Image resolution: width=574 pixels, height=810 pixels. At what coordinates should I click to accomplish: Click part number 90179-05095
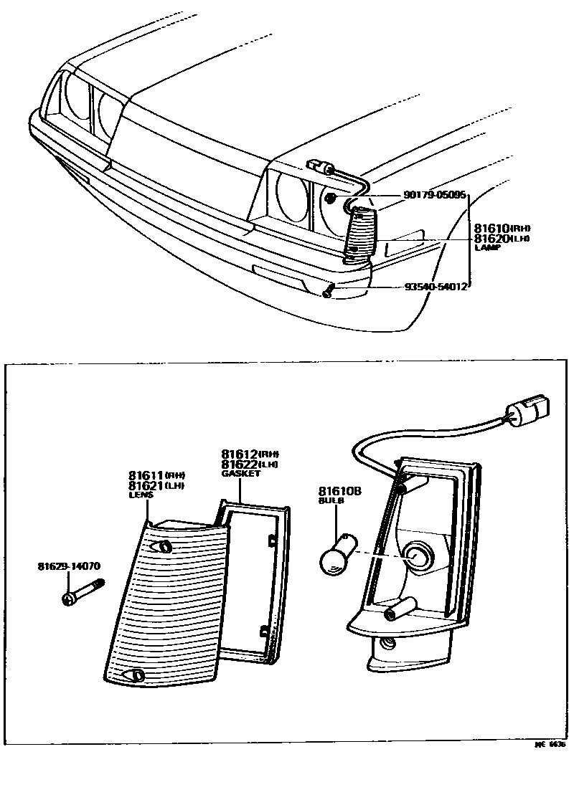pos(436,194)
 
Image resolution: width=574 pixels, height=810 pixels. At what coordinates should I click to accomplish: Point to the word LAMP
pos(487,247)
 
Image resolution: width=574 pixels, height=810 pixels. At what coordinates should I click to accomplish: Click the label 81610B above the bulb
pos(339,491)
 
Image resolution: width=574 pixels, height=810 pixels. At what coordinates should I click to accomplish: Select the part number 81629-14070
pos(69,566)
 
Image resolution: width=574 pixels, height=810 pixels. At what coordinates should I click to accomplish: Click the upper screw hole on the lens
pos(164,547)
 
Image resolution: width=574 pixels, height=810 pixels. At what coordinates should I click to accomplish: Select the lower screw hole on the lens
pos(134,675)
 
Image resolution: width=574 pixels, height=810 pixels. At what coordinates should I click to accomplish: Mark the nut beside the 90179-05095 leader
pos(330,197)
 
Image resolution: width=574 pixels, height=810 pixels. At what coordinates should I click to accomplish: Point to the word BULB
pos(331,501)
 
